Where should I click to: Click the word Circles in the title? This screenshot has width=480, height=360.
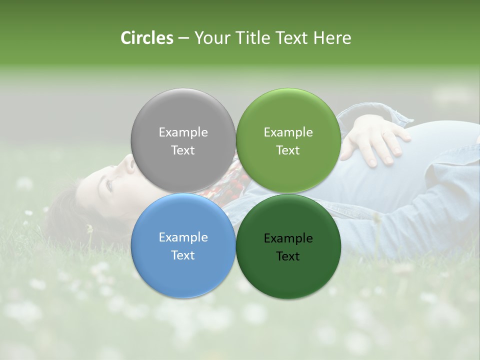point(146,38)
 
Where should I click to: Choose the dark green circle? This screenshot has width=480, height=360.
point(288,280)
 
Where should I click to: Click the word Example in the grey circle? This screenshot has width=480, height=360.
point(183,132)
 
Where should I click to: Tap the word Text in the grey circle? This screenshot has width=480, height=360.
point(183,150)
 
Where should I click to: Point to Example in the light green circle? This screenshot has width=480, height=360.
point(288,132)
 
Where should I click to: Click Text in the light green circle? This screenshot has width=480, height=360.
point(288,150)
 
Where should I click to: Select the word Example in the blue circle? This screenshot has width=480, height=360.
point(183,237)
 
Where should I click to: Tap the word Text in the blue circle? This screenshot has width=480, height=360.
point(183,255)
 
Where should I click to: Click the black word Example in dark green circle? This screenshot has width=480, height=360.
point(288,238)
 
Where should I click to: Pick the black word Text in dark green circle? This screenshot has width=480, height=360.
point(288,256)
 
